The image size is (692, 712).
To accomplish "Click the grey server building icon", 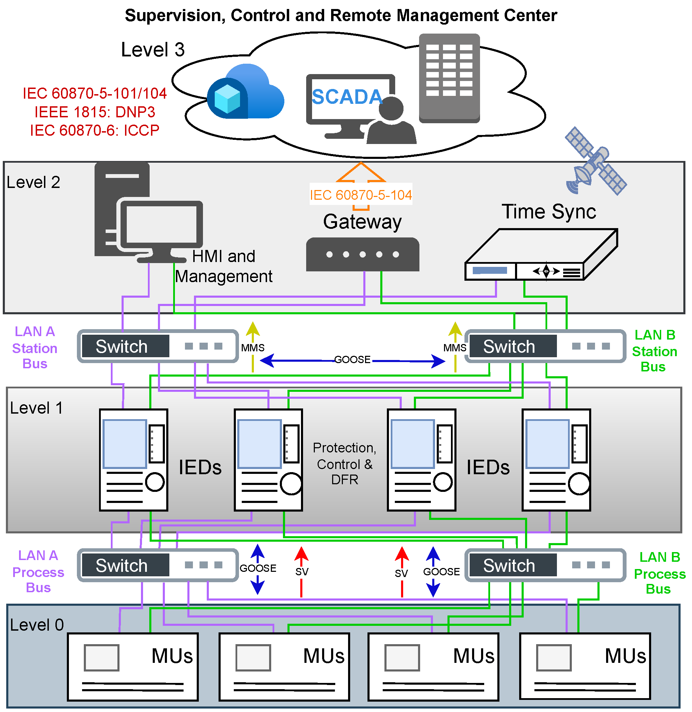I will (x=450, y=78).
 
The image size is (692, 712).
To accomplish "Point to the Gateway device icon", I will (x=363, y=254).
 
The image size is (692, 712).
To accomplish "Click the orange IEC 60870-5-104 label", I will (x=361, y=195).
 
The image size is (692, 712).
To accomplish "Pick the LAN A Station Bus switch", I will (x=158, y=346).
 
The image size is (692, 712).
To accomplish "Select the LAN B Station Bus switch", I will (x=545, y=346).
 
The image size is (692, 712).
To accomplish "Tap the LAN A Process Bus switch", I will (x=158, y=565).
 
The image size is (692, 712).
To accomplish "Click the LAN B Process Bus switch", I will (x=545, y=565).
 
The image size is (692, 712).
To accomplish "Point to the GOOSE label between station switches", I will (x=352, y=360).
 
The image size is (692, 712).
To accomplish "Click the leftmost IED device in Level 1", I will (x=134, y=460).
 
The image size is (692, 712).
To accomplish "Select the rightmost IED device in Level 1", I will (x=557, y=460).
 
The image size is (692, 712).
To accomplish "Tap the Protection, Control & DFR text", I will (x=345, y=464).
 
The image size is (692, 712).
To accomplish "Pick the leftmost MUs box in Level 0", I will (x=133, y=667).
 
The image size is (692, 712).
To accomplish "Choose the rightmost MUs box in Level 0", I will (x=585, y=667).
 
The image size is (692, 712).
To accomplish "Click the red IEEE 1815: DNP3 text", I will (x=95, y=112).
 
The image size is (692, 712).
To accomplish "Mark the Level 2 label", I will (x=34, y=182).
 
